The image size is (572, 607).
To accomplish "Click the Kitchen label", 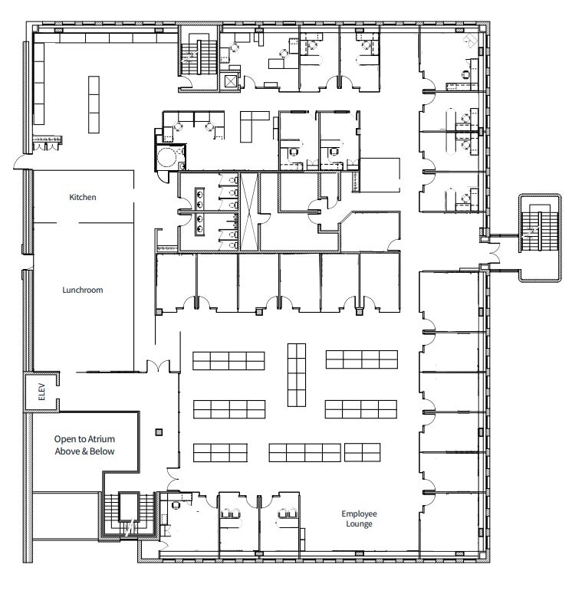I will point(83,197).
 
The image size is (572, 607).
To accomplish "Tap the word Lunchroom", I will point(83,290).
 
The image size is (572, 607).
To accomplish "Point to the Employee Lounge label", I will point(360,519).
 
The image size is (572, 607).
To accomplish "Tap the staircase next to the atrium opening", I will point(122,513).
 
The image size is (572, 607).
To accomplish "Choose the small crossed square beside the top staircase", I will point(231,80).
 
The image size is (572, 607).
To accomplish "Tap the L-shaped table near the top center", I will point(254,124).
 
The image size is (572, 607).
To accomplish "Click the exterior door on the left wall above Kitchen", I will point(21,162).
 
